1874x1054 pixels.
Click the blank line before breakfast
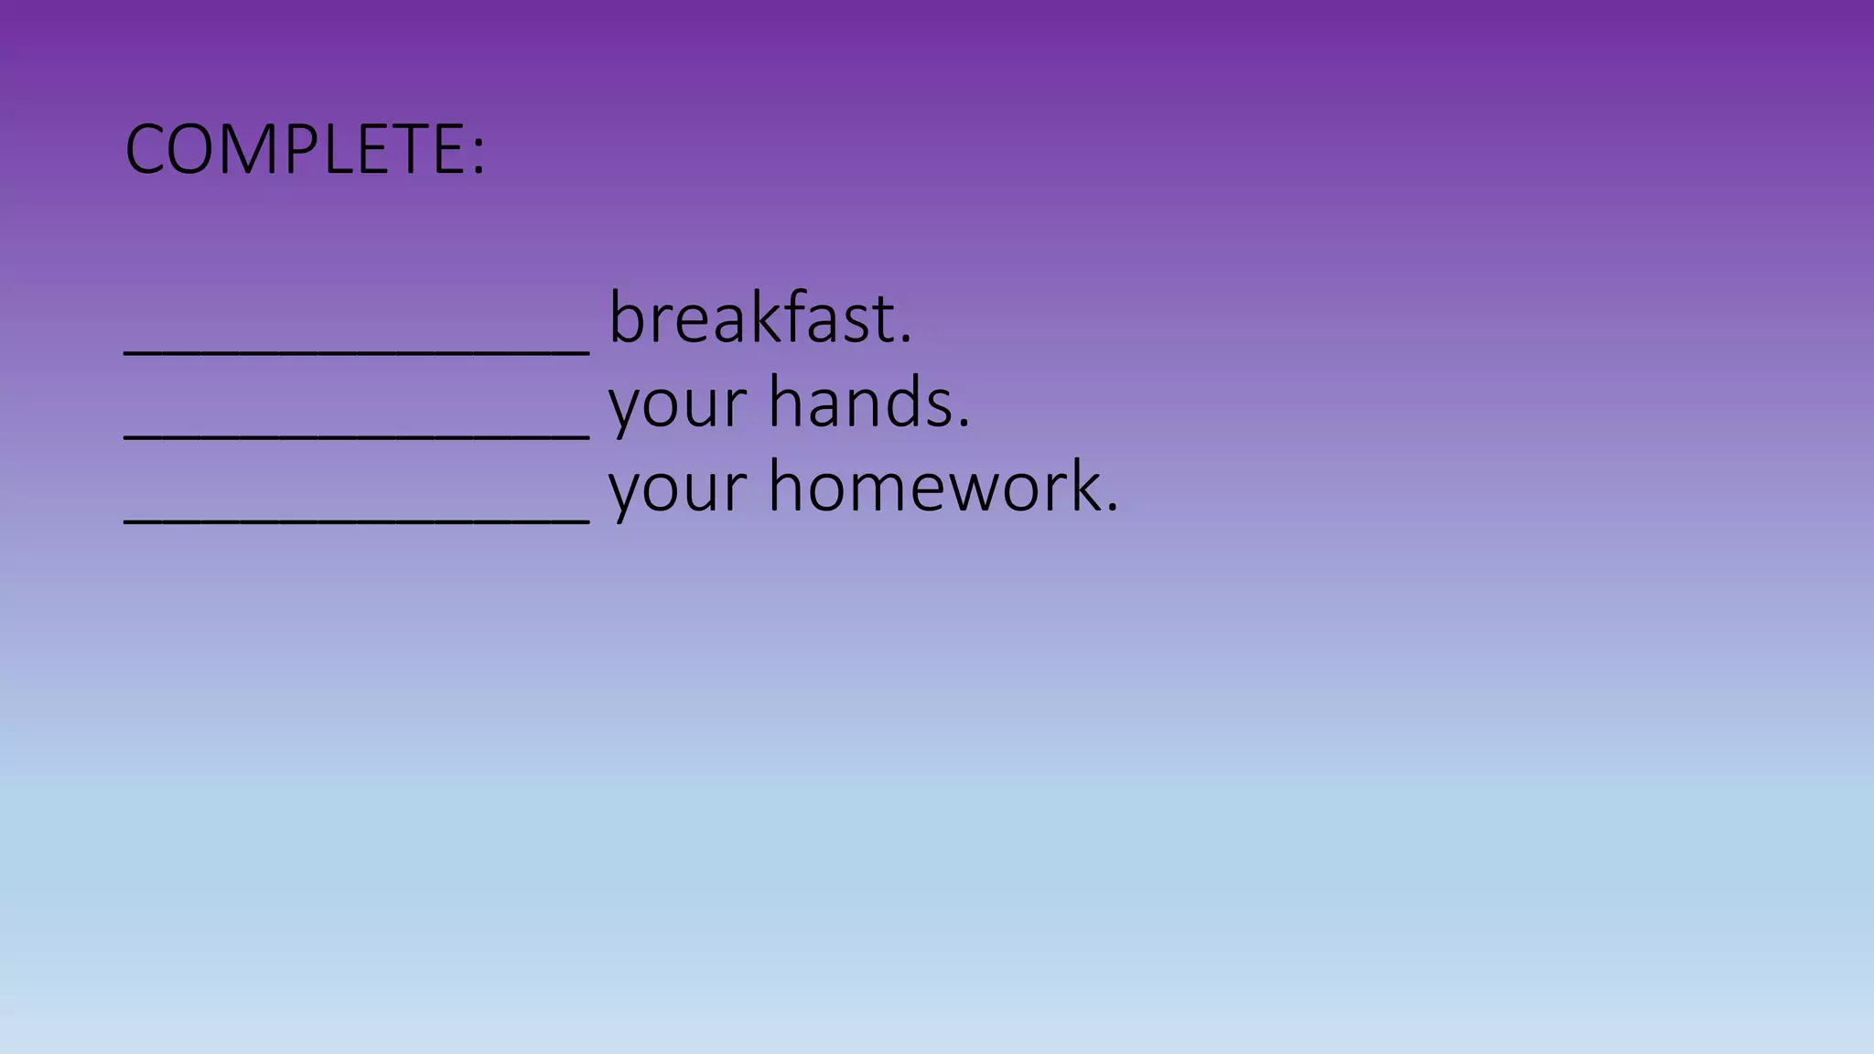(x=357, y=350)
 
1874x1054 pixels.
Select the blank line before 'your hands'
(x=357, y=436)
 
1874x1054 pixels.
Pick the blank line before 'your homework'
(x=357, y=520)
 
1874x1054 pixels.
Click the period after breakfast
(x=906, y=340)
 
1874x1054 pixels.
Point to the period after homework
(x=1112, y=509)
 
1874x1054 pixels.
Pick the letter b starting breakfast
(x=627, y=317)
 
